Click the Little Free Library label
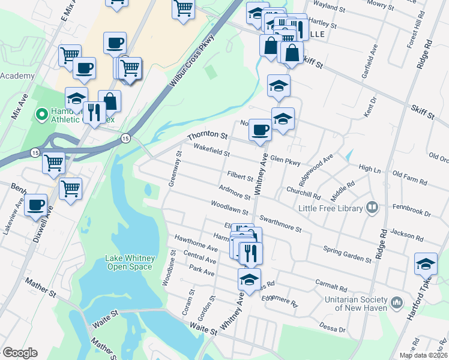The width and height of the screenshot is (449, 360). tap(331, 208)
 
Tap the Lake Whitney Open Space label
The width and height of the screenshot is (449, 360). tap(130, 262)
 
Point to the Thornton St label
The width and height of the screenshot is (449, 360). tap(208, 137)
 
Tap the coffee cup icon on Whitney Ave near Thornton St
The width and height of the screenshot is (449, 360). tap(260, 130)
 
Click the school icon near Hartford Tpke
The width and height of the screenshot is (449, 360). tap(426, 264)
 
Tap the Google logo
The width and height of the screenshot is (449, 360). tap(20, 353)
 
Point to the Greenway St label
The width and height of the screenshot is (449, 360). tap(175, 169)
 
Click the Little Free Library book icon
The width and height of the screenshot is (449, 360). tap(372, 208)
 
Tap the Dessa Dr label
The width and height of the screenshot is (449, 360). tap(334, 328)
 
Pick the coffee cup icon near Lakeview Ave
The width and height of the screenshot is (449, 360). tap(36, 205)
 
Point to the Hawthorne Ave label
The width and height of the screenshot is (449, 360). tap(196, 242)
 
